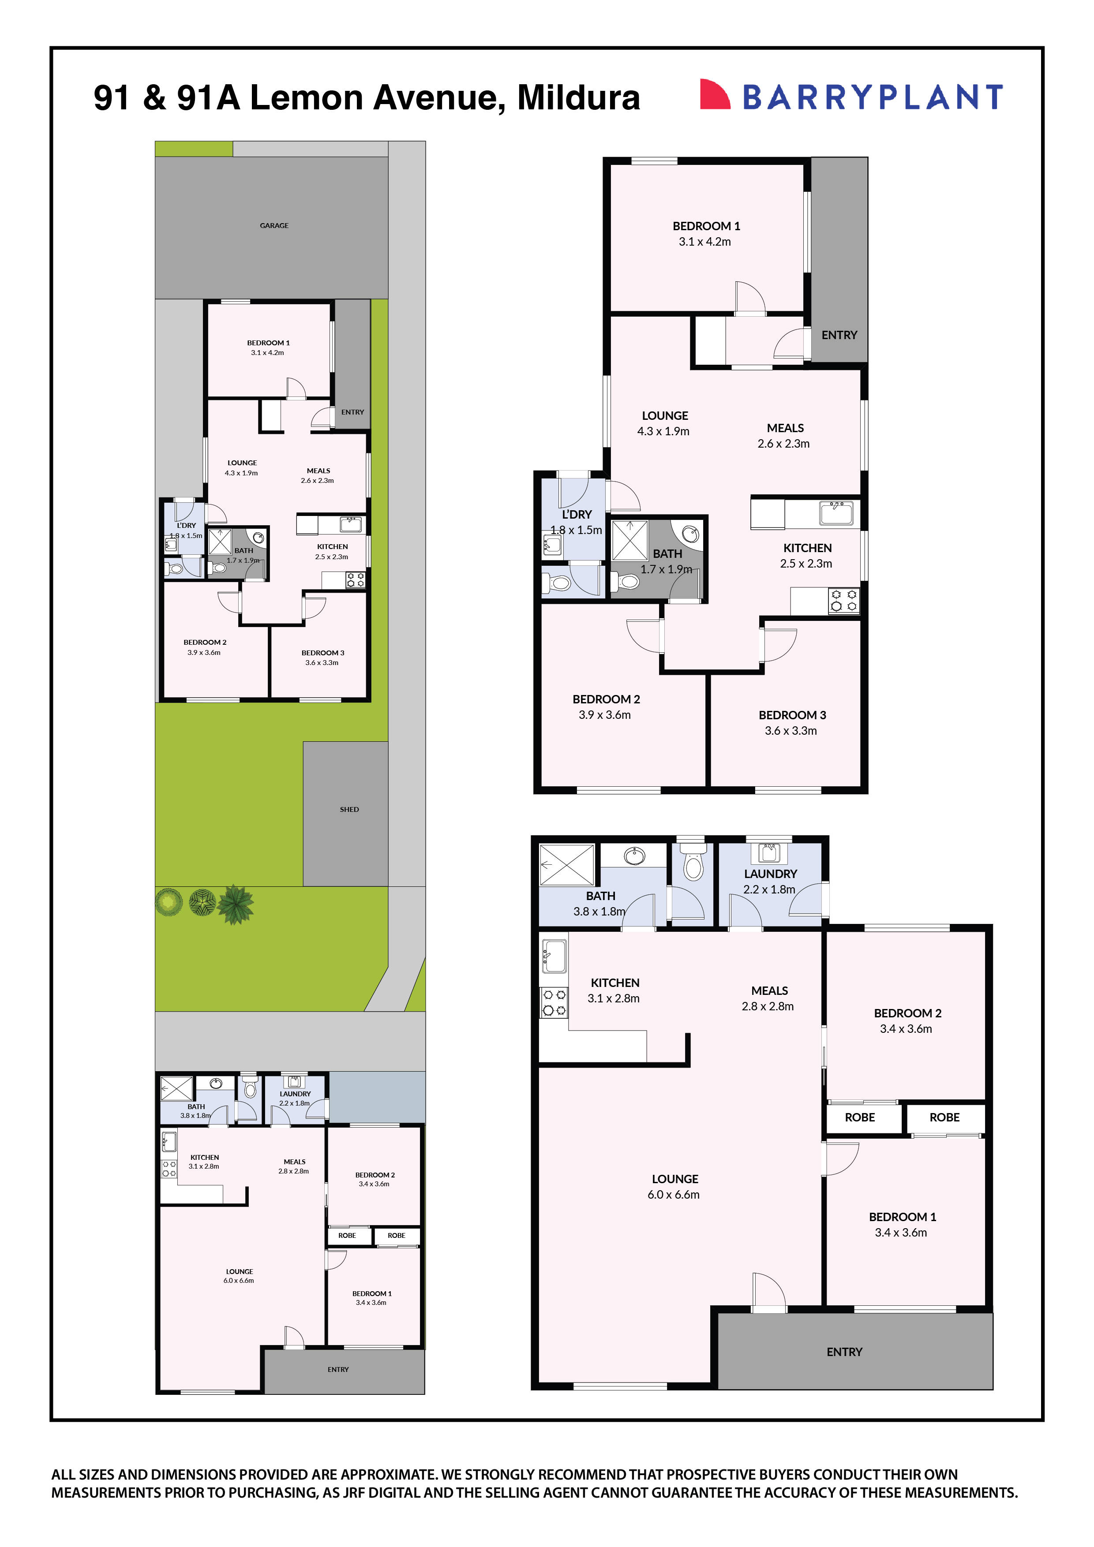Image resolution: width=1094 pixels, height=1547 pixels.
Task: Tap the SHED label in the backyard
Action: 349,809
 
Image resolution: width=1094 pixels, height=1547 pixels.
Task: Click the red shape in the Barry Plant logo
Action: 714,94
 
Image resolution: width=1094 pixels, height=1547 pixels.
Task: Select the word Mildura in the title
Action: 578,98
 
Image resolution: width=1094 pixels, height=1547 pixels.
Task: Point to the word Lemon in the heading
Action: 307,98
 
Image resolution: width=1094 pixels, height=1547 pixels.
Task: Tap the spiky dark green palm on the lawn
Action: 235,904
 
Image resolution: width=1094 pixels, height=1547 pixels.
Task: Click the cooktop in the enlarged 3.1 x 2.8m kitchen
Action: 554,1002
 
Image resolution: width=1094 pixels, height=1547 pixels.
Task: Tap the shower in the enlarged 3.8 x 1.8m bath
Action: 567,864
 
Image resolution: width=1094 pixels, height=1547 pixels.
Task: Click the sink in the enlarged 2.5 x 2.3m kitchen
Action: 836,513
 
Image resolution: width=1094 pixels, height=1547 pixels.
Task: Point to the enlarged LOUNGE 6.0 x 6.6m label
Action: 674,1187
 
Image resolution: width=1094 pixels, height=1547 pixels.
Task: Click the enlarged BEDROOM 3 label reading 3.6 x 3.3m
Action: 792,722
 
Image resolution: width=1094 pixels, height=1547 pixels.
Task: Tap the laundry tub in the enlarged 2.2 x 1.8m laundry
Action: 769,852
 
